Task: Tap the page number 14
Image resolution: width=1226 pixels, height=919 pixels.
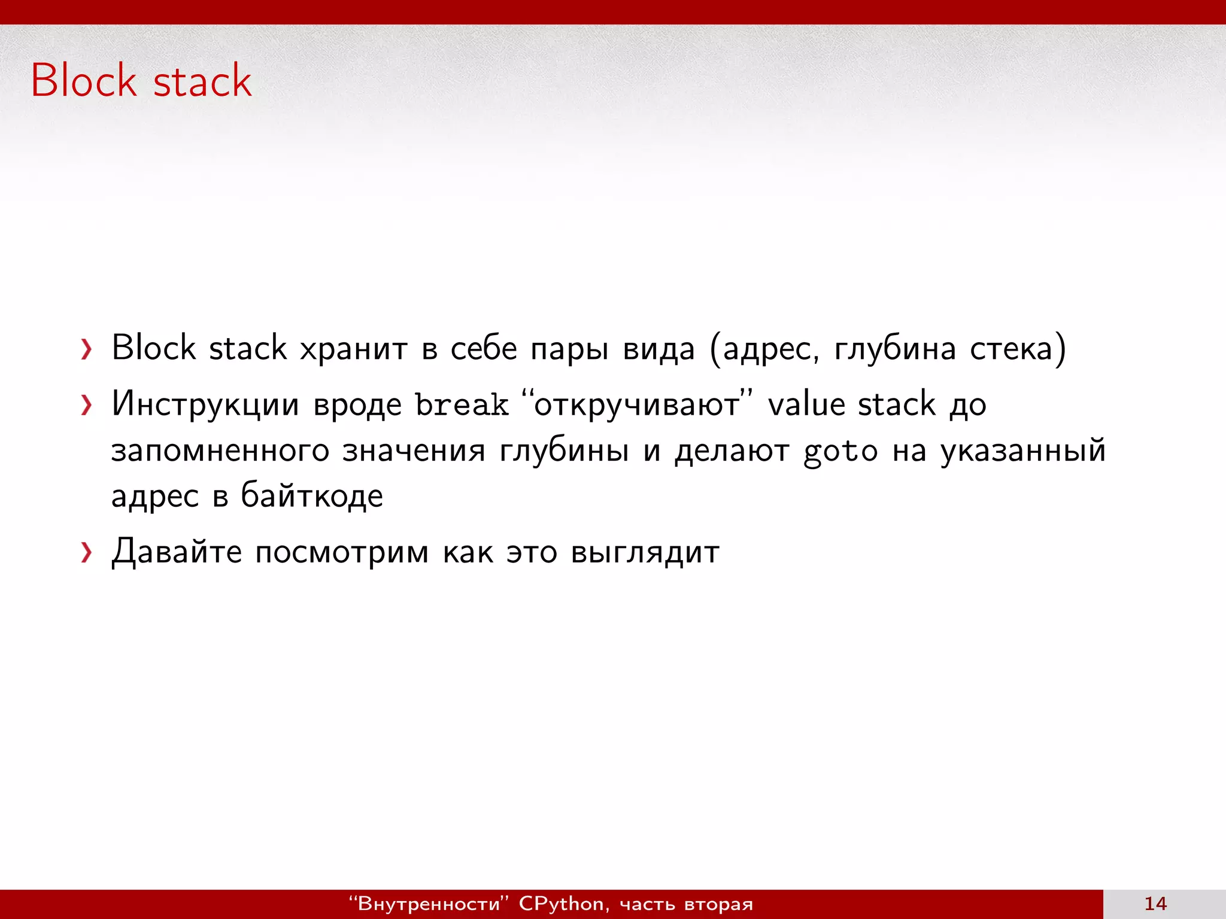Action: point(1155,903)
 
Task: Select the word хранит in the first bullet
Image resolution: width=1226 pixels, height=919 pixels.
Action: point(353,348)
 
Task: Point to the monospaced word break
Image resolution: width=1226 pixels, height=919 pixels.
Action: point(462,404)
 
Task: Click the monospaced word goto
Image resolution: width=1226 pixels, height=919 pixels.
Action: point(840,451)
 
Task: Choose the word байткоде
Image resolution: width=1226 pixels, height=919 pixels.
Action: point(311,496)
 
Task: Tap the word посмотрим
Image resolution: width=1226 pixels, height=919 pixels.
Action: point(342,553)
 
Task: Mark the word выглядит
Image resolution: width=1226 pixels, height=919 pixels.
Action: point(645,553)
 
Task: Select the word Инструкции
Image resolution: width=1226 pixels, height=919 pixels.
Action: point(205,404)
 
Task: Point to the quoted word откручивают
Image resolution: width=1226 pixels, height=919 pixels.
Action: point(636,404)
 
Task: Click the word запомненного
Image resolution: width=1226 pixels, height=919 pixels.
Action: point(220,451)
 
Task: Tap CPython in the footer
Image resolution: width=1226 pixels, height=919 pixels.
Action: point(561,903)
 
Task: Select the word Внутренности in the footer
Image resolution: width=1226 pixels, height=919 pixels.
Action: point(428,903)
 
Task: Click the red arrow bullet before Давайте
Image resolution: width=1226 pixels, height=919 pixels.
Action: point(87,552)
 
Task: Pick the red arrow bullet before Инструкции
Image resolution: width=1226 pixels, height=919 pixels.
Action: point(87,405)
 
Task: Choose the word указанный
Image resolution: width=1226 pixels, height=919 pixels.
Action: point(1022,451)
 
